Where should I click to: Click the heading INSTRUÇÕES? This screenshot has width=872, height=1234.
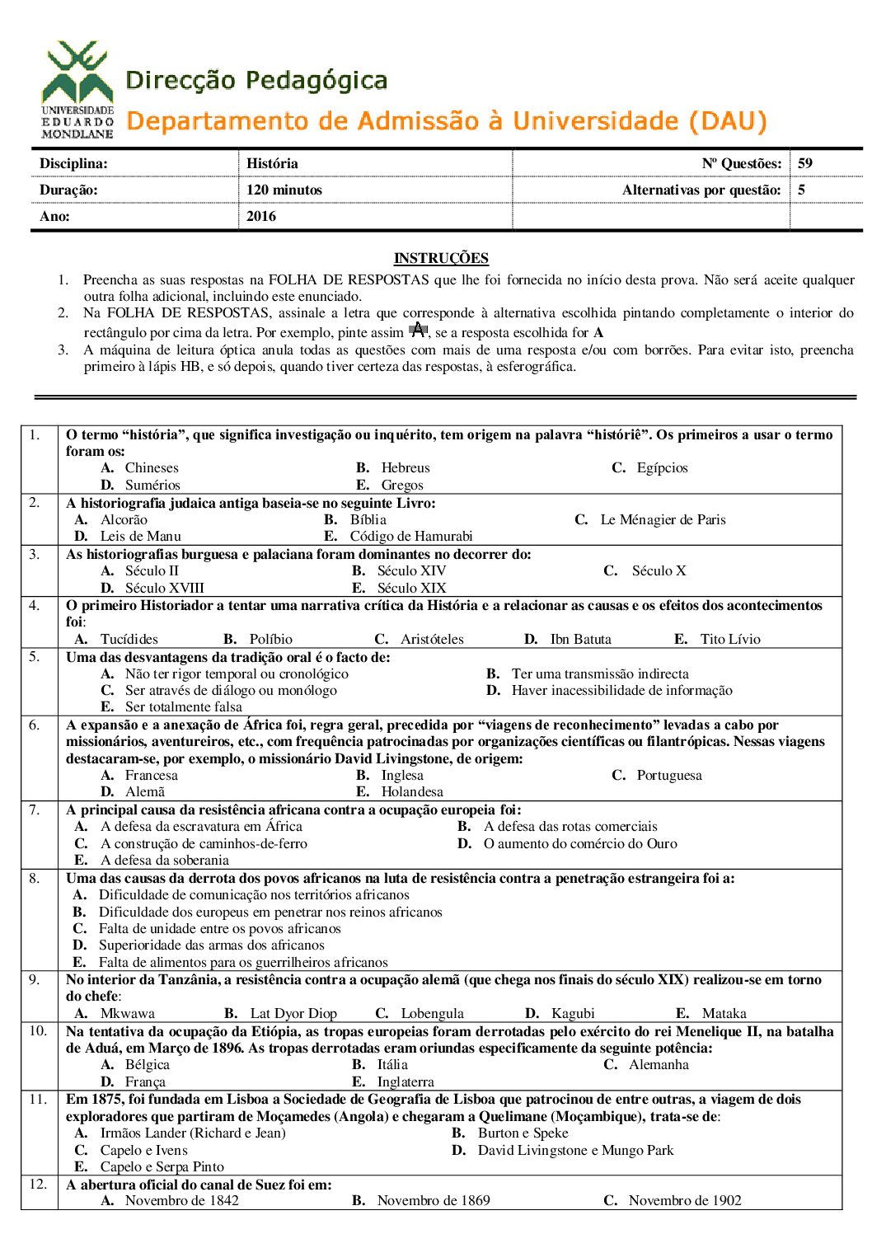click(441, 258)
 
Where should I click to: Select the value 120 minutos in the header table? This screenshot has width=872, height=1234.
click(284, 190)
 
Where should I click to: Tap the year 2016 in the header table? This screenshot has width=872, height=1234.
click(261, 216)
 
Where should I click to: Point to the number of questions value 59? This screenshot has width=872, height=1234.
click(805, 163)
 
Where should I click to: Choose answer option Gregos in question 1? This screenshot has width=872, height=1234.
click(401, 486)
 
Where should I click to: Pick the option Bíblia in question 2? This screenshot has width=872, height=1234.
click(368, 520)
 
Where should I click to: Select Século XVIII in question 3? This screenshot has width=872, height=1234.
click(164, 588)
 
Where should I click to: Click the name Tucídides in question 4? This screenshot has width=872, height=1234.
click(129, 639)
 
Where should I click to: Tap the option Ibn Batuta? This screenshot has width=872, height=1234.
click(580, 639)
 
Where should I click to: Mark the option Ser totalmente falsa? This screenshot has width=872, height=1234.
click(183, 707)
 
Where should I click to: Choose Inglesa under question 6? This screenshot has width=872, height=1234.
click(402, 775)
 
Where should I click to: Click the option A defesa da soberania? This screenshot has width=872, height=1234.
click(164, 860)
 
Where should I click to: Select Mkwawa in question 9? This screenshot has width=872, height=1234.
click(127, 1013)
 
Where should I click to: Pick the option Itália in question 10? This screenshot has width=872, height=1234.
click(392, 1065)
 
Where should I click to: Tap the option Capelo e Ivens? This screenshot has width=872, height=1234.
click(143, 1150)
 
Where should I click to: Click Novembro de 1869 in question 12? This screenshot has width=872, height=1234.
click(433, 1200)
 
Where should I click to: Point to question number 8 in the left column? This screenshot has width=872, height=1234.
click(34, 878)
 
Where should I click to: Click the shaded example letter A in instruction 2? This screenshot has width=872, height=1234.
click(418, 331)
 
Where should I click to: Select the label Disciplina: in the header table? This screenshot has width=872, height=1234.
click(73, 163)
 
